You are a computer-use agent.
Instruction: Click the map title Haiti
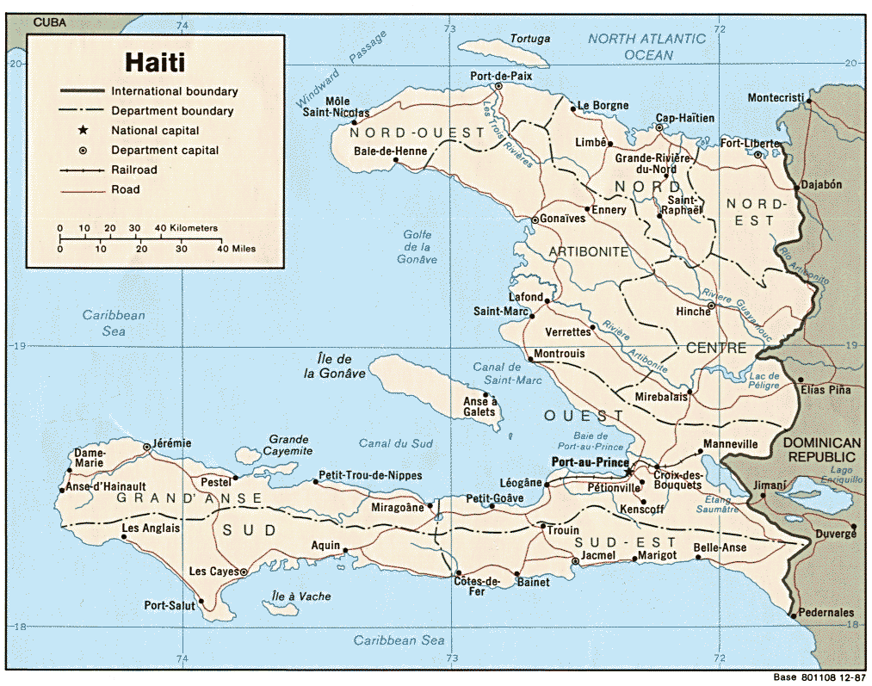(x=155, y=62)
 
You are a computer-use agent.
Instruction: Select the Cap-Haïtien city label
(x=684, y=118)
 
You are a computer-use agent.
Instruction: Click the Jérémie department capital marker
(x=147, y=447)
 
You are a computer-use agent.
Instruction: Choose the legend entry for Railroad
(x=134, y=170)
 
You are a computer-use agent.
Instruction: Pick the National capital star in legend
(x=83, y=130)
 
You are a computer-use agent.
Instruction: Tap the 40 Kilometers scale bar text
(x=186, y=228)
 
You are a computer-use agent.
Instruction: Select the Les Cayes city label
(x=209, y=572)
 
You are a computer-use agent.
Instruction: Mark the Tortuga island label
(x=529, y=39)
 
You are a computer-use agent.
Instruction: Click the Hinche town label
(x=693, y=311)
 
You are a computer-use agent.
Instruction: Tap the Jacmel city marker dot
(x=575, y=561)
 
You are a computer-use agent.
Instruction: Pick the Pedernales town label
(x=826, y=612)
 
